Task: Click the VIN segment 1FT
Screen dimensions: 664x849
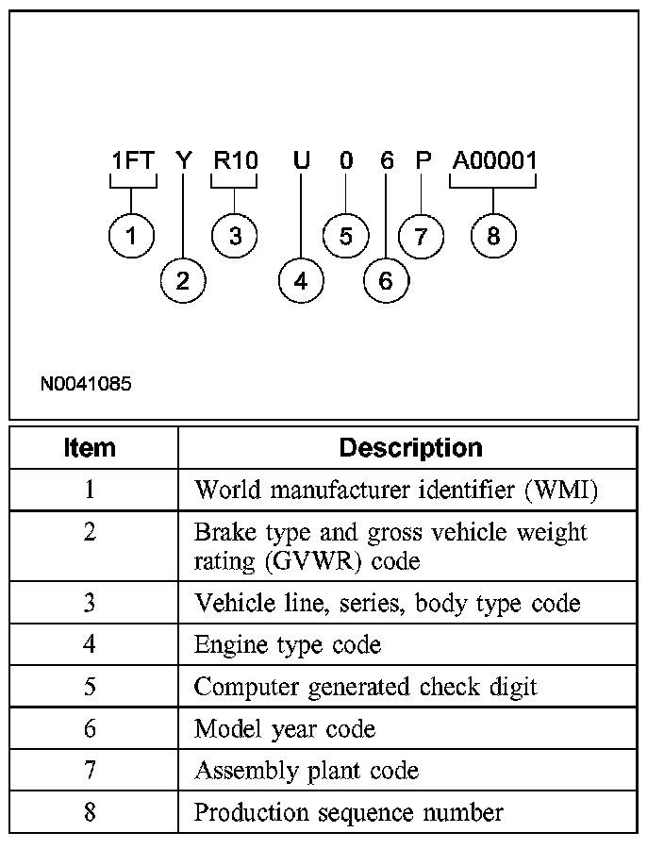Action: [x=132, y=160]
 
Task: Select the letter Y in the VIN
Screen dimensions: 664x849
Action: [x=184, y=160]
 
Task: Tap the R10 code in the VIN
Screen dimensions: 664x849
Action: [x=235, y=160]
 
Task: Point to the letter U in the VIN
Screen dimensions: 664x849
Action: [x=301, y=160]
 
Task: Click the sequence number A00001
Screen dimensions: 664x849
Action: [x=493, y=160]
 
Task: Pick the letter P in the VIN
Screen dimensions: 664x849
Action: [x=423, y=160]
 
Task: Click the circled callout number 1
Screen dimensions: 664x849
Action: [x=132, y=236]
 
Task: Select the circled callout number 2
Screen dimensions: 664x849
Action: [x=183, y=280]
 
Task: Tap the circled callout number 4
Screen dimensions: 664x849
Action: [x=301, y=280]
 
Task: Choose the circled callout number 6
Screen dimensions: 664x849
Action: [x=385, y=280]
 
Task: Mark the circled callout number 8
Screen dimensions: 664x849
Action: [x=493, y=236]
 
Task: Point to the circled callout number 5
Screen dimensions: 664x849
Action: [x=345, y=236]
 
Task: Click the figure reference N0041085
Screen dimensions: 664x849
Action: [x=86, y=384]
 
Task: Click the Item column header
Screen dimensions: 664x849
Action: [x=90, y=447]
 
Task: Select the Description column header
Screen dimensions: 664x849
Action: [x=410, y=447]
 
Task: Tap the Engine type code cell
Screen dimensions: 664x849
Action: [x=288, y=645]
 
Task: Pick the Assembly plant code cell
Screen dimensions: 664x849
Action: [x=307, y=771]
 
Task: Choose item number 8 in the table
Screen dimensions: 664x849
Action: [x=90, y=812]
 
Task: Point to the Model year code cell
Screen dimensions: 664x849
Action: [x=285, y=729]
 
